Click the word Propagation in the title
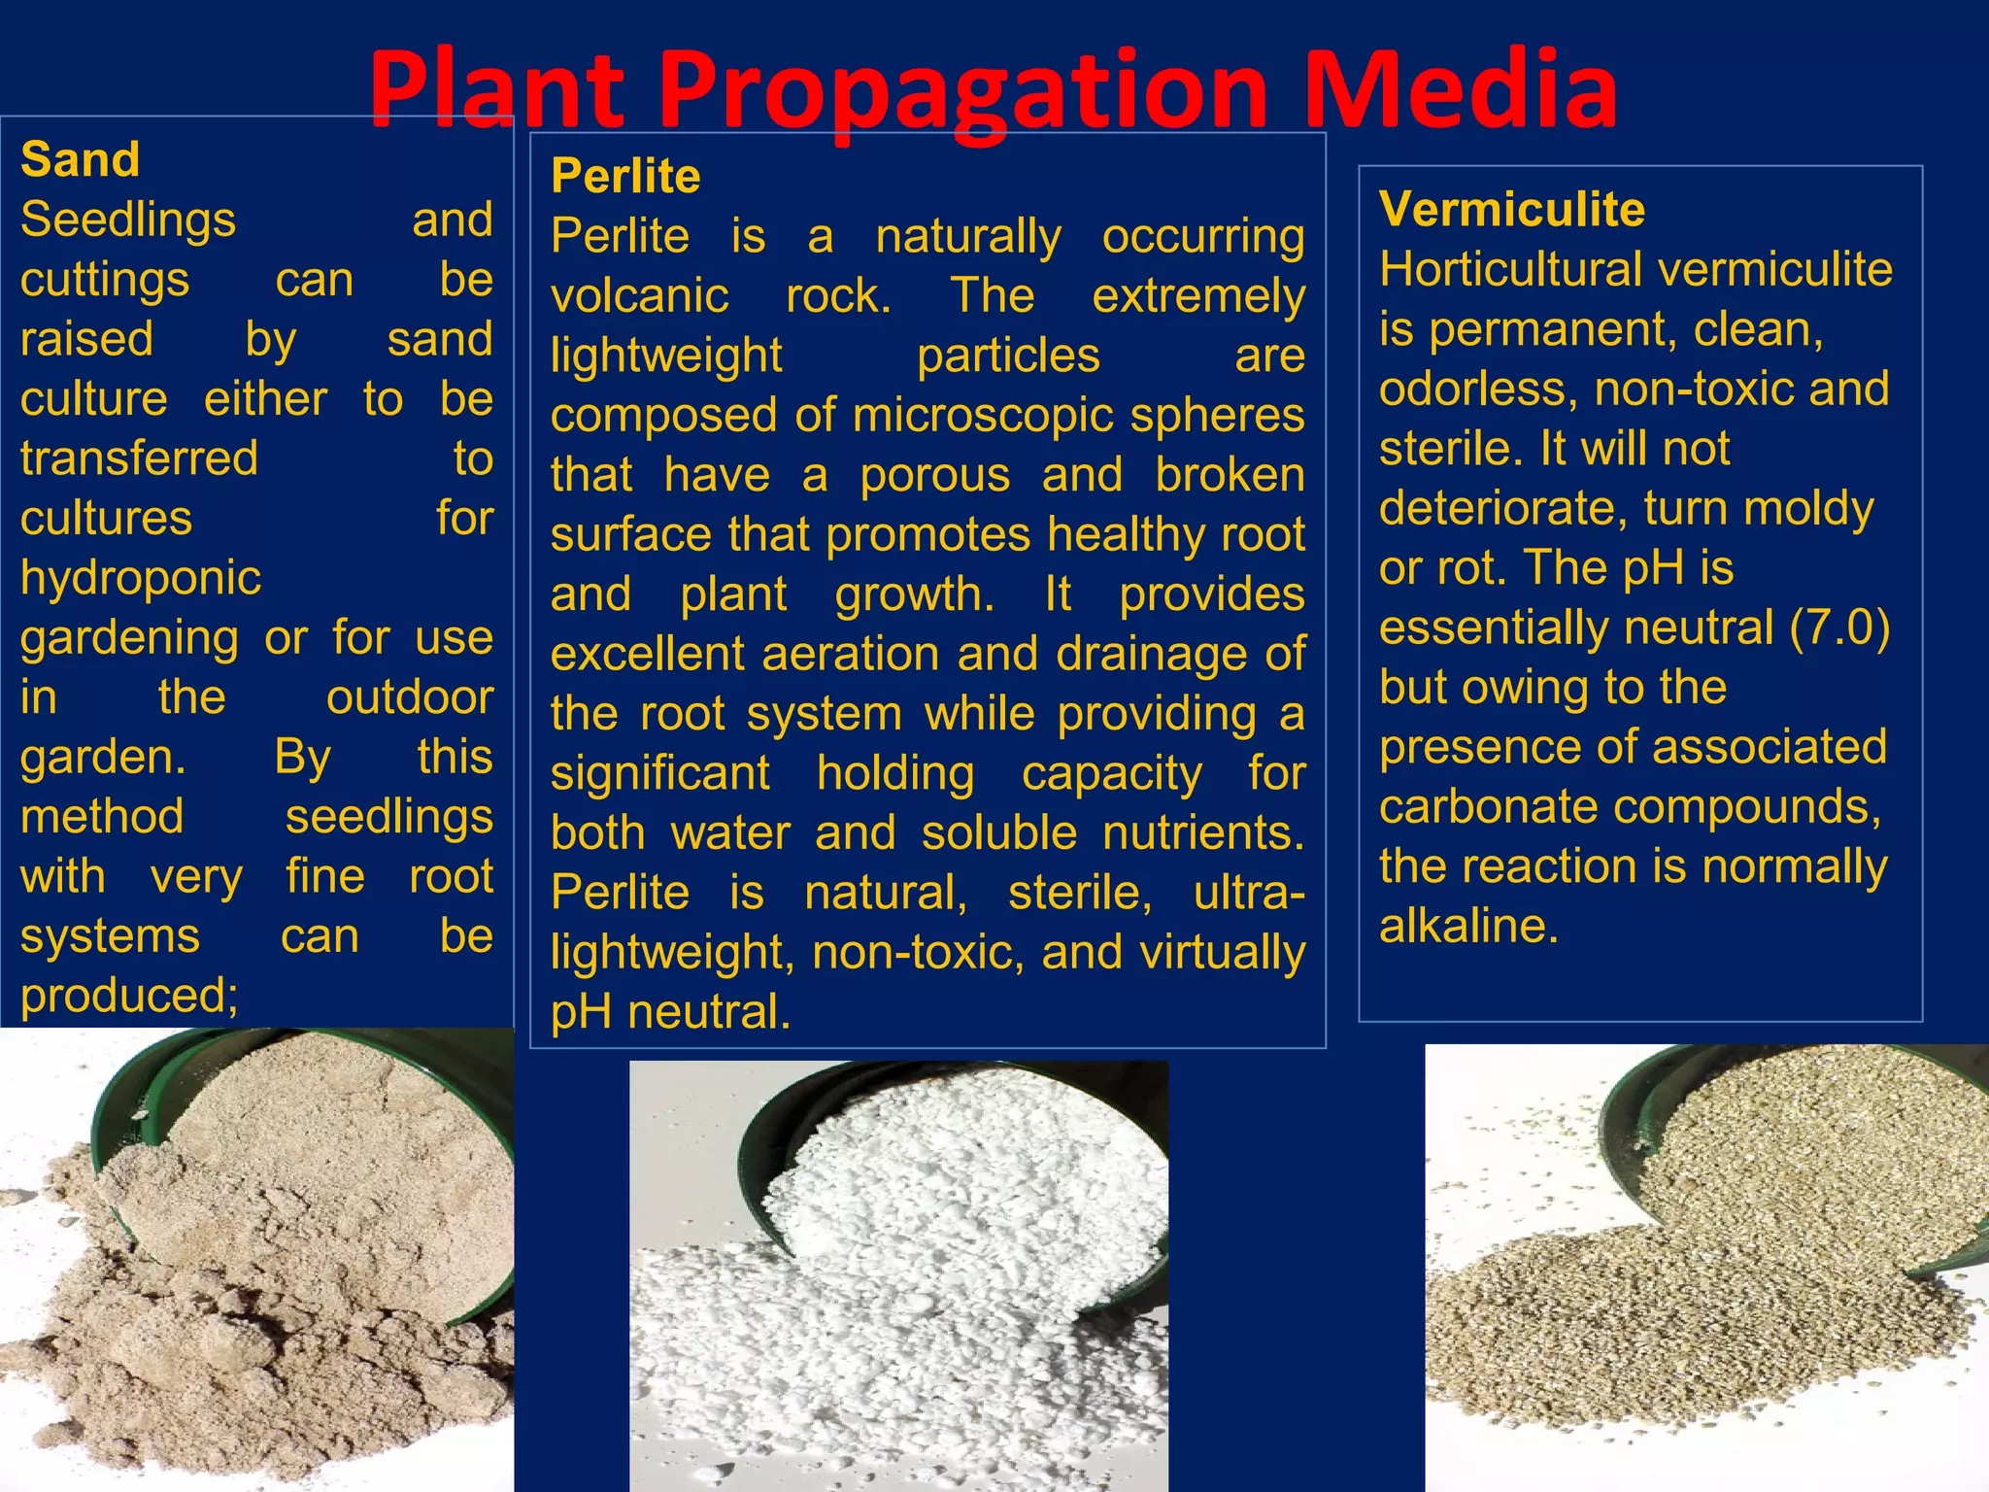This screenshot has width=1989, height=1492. click(x=964, y=92)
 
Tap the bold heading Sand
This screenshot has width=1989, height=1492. click(x=81, y=159)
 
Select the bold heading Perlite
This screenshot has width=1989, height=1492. click(x=625, y=176)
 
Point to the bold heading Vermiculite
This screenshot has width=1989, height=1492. click(x=1512, y=209)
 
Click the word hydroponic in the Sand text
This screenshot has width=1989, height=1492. click(x=141, y=578)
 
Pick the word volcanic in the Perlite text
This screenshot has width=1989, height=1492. click(x=639, y=295)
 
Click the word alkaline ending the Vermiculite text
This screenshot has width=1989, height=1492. click(x=1468, y=926)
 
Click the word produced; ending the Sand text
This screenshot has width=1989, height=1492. click(x=129, y=996)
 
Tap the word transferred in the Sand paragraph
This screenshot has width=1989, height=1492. click(x=139, y=458)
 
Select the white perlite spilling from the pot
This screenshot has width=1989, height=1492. click(x=903, y=1263)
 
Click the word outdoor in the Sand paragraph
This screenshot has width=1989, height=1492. click(x=409, y=697)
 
